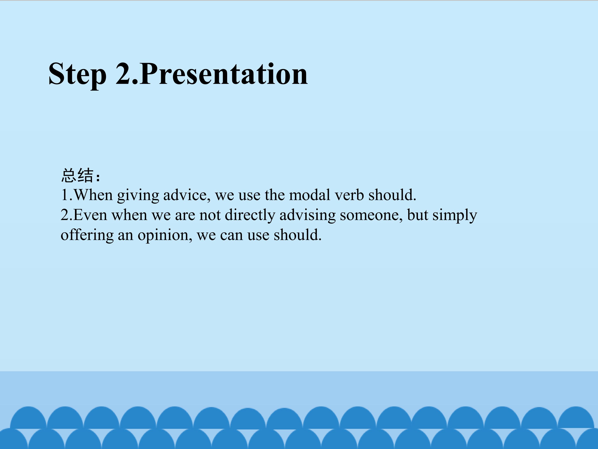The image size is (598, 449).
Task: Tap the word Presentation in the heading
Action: click(x=224, y=73)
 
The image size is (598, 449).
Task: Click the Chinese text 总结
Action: click(x=77, y=175)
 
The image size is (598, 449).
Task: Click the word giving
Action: click(x=138, y=196)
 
